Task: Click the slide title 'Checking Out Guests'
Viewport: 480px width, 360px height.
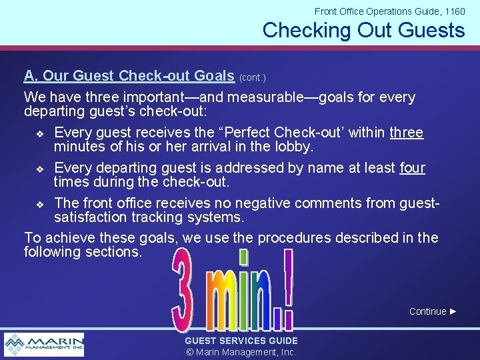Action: (363, 30)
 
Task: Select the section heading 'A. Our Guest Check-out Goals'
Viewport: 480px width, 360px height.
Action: (129, 76)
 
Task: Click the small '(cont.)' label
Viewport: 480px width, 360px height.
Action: (252, 78)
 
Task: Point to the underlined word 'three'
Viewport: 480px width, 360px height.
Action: (407, 132)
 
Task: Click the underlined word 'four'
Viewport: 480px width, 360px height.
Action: (412, 168)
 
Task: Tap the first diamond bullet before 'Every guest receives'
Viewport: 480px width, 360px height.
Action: (39, 133)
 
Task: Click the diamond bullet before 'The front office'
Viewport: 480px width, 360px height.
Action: (39, 204)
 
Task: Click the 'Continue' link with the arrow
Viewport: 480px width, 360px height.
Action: (433, 311)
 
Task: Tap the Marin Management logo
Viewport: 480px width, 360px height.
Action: (44, 345)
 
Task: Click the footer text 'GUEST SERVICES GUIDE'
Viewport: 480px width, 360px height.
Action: (241, 341)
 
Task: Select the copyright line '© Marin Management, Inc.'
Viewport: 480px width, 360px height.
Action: (241, 352)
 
